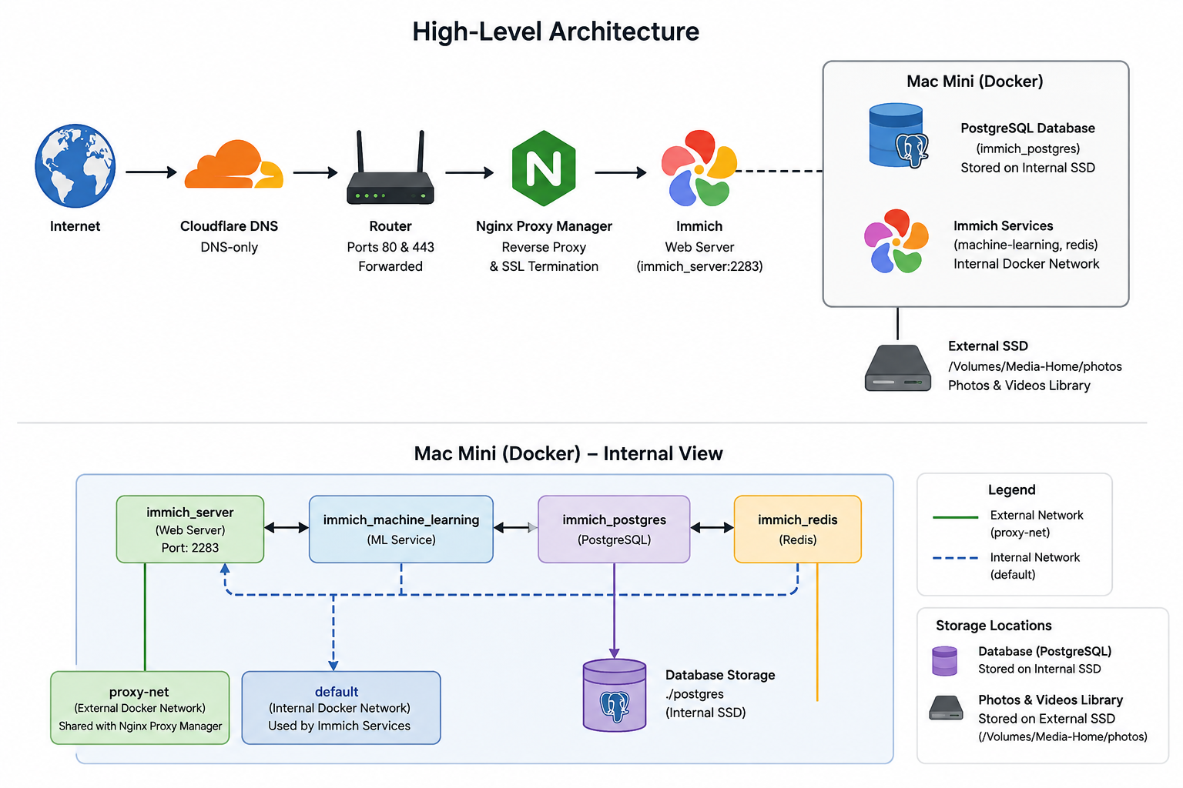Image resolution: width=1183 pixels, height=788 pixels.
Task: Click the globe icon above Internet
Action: coord(75,165)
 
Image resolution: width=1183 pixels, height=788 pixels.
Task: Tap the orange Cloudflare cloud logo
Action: coord(233,164)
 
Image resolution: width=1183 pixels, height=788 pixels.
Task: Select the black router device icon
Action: coord(390,168)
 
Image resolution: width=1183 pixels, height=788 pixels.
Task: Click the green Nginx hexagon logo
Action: coord(544,168)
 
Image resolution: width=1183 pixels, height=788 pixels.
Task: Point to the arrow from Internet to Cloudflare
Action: coord(151,172)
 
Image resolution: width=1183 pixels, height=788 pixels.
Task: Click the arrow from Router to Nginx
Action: coord(470,172)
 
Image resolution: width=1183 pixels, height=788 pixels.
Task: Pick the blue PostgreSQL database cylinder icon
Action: coord(898,135)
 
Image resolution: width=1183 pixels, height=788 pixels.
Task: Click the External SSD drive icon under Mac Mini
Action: coord(897,368)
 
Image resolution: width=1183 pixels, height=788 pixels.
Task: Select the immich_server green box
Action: coord(190,529)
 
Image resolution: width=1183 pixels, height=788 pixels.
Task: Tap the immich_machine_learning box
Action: coord(400,529)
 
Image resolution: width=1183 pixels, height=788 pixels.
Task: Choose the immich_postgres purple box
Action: coord(614,529)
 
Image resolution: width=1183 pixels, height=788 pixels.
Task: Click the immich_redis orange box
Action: coord(797,529)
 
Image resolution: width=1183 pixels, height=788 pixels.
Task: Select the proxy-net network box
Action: coord(140,708)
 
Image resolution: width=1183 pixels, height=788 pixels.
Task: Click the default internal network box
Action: coord(341,708)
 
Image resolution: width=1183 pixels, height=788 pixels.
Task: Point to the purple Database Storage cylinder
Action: coord(614,695)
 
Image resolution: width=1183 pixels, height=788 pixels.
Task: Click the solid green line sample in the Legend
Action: coord(955,517)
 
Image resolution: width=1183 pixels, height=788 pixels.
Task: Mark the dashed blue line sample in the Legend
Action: coord(955,558)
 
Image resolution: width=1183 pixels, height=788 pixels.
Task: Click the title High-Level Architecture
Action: coord(555,32)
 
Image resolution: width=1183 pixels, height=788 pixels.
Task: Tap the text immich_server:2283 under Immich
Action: coord(700,266)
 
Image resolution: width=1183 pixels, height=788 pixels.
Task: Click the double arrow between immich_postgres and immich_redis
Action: coord(712,527)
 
